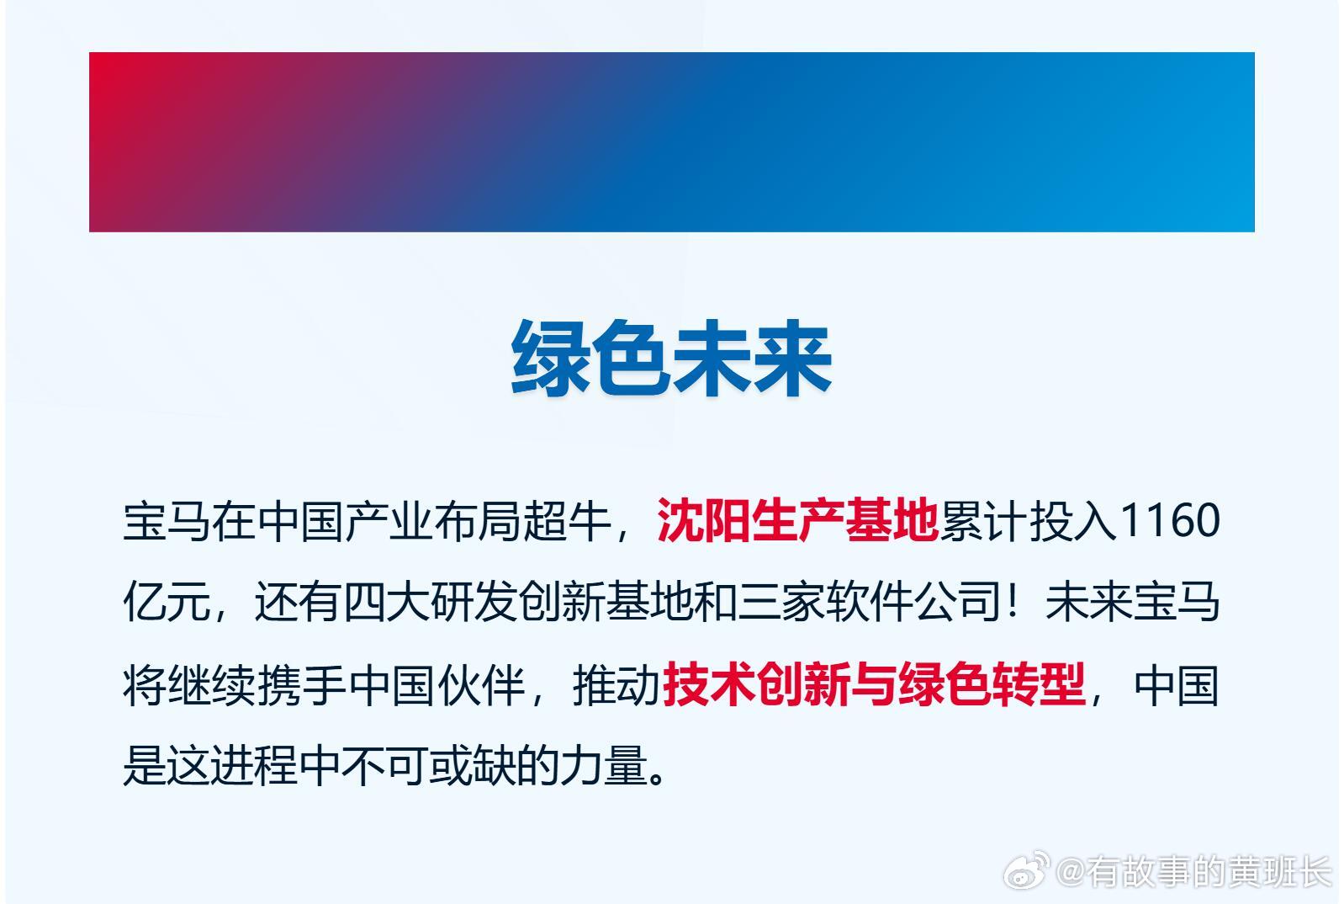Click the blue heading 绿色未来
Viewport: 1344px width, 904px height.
671,358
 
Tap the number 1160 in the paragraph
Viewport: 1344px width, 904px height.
1169,520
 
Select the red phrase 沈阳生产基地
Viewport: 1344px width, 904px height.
797,520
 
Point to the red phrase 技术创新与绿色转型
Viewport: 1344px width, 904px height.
874,684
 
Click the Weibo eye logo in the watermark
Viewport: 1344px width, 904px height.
1027,870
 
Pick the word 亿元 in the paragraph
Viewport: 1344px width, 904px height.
167,602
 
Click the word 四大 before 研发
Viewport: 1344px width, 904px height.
387,602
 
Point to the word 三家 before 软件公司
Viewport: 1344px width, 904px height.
782,602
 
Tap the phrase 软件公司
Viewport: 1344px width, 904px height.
913,602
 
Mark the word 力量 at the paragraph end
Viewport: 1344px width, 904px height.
604,766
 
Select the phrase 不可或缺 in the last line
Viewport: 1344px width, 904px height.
429,766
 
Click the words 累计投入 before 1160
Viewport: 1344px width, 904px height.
1029,520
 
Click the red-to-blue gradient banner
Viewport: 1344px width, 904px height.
672,141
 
